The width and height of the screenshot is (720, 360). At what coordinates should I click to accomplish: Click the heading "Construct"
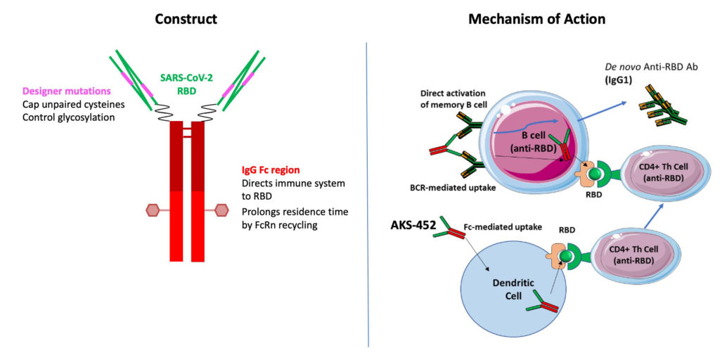pos(186,19)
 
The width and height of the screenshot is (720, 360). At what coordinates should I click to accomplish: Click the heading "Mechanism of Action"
pos(536,19)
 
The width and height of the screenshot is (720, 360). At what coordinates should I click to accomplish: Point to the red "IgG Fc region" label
pos(271,170)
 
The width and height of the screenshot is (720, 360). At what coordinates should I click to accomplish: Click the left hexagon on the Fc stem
pos(152,210)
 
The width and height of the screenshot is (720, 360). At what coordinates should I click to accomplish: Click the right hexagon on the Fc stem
pos(221,210)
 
